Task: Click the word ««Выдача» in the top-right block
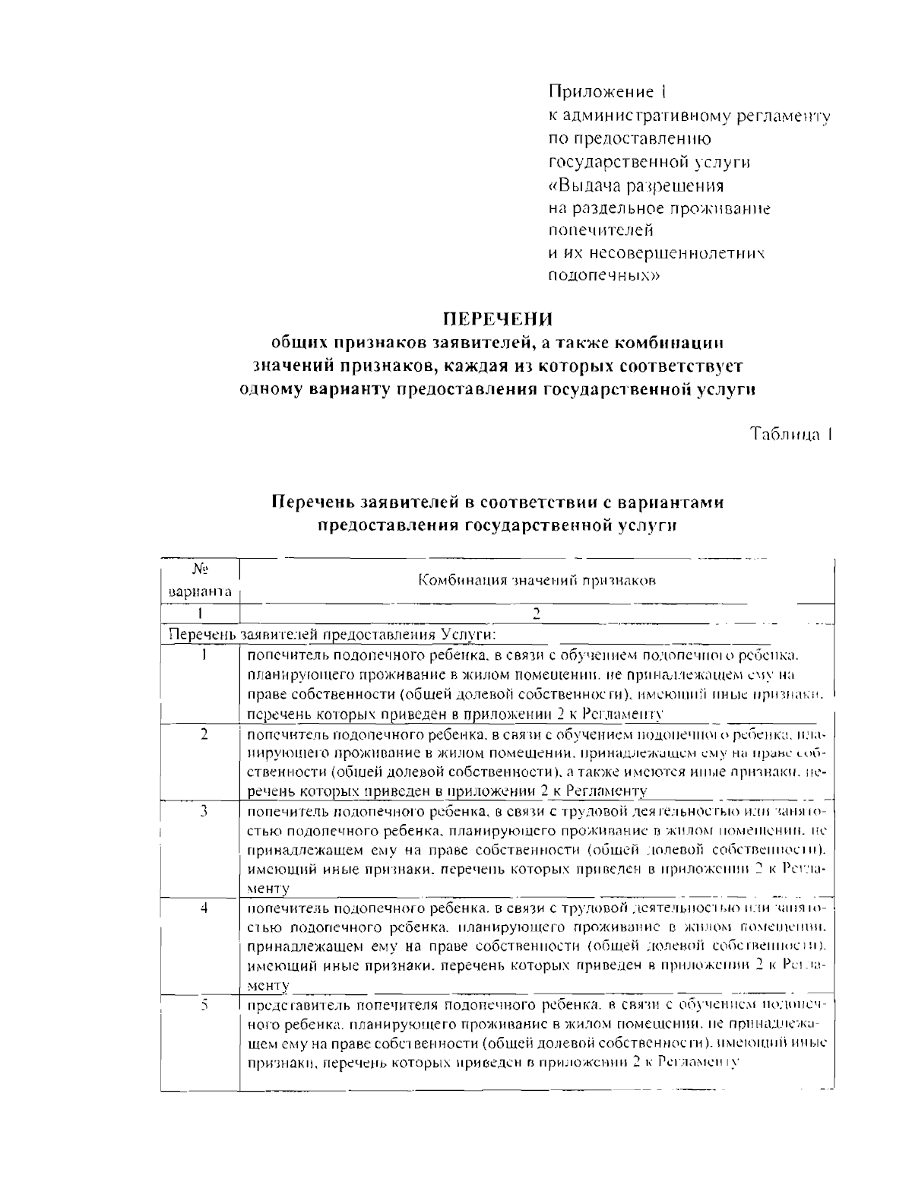point(582,185)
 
